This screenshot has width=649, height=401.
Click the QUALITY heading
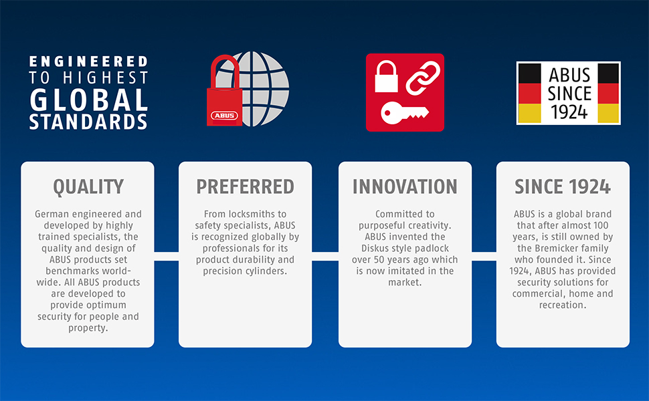[x=88, y=187]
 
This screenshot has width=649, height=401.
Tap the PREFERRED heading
[x=245, y=186]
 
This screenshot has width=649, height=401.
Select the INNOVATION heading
[x=405, y=186]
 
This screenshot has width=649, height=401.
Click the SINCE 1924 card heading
[x=563, y=186]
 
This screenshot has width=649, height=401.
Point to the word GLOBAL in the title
[x=88, y=100]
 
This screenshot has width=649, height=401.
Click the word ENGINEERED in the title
[x=88, y=61]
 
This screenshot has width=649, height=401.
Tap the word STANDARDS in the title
[x=88, y=122]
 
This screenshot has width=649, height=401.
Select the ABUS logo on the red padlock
[x=224, y=116]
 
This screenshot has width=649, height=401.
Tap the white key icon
[x=404, y=113]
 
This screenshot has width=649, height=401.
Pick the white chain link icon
[x=423, y=78]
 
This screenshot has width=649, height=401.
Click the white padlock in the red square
[x=386, y=76]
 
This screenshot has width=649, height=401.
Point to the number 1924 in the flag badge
[x=569, y=112]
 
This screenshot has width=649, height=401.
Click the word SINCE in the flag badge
[x=569, y=94]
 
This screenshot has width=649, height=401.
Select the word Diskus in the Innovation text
[x=375, y=249]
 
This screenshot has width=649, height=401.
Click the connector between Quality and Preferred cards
[x=167, y=256]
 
